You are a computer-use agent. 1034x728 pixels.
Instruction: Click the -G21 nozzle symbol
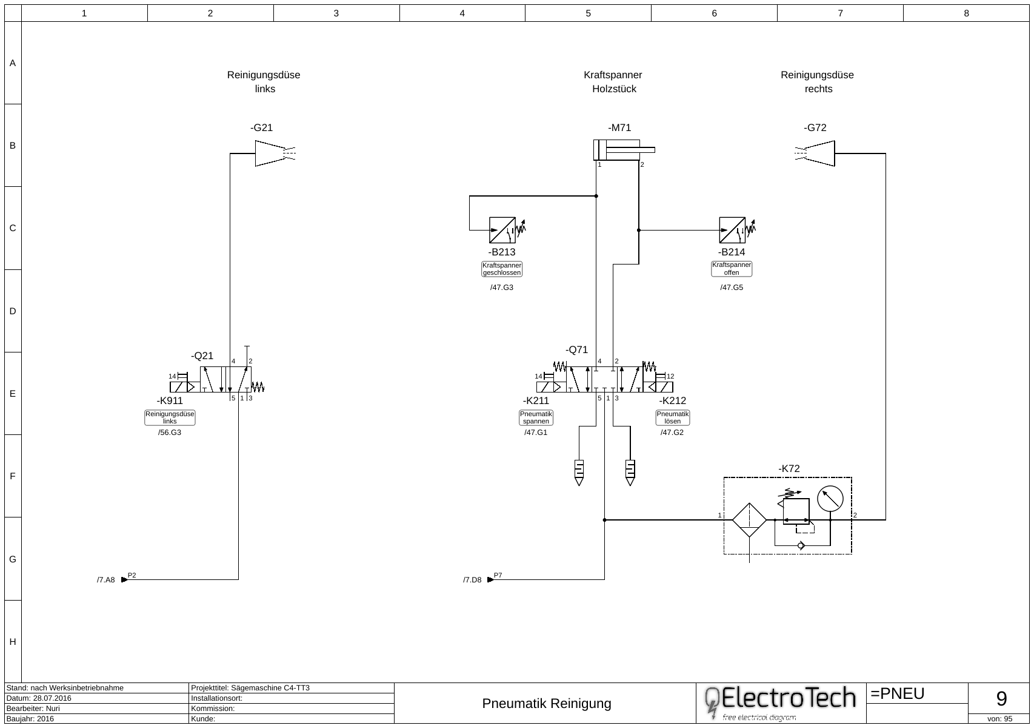point(270,153)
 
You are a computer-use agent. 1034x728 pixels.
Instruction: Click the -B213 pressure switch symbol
point(502,230)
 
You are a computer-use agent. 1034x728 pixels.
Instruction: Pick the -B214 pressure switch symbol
point(732,230)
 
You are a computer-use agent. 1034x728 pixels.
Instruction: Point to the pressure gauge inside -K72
point(830,499)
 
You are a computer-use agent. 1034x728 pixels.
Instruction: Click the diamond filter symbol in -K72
point(750,520)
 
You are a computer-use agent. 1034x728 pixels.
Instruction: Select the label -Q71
point(576,350)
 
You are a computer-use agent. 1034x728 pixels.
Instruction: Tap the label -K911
point(170,401)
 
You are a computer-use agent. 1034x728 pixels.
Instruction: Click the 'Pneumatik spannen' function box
point(536,417)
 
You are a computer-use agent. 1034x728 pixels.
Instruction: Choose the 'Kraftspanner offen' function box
point(732,269)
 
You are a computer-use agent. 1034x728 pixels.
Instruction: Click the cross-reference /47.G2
point(672,433)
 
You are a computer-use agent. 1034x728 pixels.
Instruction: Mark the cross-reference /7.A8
point(105,581)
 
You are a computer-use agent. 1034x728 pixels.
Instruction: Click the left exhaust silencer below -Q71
point(579,473)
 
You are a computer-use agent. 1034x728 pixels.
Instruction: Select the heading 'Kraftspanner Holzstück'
point(613,82)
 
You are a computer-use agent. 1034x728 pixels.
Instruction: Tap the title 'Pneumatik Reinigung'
point(546,704)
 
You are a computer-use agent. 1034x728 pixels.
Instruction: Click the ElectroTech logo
point(781,703)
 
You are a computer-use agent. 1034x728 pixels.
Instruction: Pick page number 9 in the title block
point(1001,699)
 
